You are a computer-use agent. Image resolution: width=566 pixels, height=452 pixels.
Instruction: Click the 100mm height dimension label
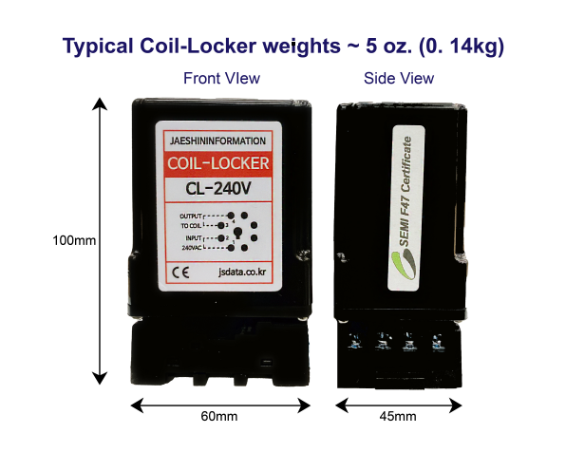click(74, 240)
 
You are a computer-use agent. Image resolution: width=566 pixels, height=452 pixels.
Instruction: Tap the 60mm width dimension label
click(219, 416)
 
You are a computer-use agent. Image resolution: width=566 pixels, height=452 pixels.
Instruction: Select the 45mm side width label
click(398, 416)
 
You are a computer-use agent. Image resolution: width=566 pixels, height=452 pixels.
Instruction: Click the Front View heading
click(221, 79)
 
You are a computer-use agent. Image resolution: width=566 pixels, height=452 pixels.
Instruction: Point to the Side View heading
click(399, 79)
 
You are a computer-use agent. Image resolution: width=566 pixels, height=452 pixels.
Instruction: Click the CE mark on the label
click(180, 273)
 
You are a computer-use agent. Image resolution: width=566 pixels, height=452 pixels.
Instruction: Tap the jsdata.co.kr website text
click(242, 272)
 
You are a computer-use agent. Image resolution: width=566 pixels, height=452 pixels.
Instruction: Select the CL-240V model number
click(218, 188)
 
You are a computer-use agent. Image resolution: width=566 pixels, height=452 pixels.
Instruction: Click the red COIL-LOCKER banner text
click(218, 163)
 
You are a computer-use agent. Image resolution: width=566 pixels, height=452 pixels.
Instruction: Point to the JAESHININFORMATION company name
click(218, 141)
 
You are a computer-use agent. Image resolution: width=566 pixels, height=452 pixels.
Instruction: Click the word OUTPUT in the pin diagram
click(191, 217)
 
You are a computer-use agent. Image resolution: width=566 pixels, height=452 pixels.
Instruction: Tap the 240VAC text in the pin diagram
click(192, 248)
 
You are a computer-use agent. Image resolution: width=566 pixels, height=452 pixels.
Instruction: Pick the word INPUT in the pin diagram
click(194, 238)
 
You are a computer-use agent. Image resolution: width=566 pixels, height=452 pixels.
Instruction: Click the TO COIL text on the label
click(191, 226)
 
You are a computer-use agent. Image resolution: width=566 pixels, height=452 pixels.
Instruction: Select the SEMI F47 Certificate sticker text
click(406, 192)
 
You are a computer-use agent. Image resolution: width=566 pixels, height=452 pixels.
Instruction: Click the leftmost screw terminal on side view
click(355, 341)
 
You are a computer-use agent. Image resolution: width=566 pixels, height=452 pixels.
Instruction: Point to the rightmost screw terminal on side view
click(438, 341)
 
